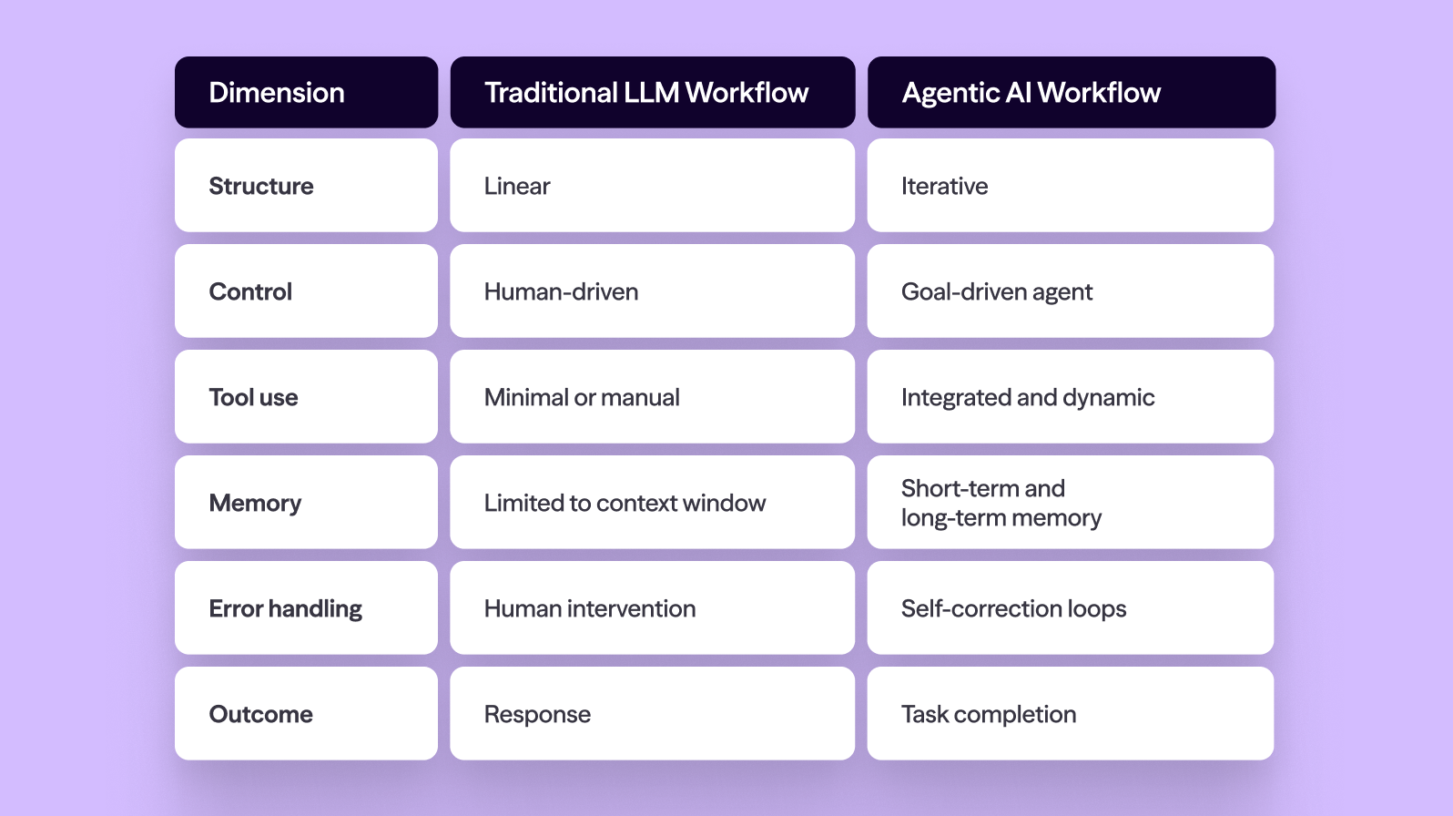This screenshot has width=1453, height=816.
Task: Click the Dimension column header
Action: point(306,93)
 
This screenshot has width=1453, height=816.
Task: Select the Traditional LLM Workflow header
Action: point(652,93)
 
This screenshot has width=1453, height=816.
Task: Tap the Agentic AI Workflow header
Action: point(1071,93)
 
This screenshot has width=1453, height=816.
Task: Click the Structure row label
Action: point(306,186)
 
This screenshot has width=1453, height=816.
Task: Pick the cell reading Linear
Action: point(652,186)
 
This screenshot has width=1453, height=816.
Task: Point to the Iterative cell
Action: point(1070,186)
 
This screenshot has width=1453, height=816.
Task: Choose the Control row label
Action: point(306,291)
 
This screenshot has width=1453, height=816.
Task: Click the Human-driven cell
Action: point(652,291)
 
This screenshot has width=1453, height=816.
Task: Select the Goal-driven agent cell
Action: point(1070,291)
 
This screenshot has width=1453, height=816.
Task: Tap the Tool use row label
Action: point(306,397)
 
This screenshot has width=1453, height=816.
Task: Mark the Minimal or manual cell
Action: point(652,397)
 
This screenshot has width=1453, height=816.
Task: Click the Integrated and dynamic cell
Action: point(1070,397)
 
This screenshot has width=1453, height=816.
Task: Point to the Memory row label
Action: point(306,503)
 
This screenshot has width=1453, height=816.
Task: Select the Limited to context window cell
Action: point(652,503)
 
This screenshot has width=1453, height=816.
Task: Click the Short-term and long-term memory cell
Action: point(1070,503)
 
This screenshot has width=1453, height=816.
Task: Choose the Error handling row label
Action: point(306,608)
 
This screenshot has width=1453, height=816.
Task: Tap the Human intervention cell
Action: point(652,608)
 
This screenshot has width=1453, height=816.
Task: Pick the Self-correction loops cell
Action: point(1070,608)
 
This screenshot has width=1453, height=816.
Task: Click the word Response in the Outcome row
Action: point(537,715)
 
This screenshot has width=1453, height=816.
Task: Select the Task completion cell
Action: point(1070,714)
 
